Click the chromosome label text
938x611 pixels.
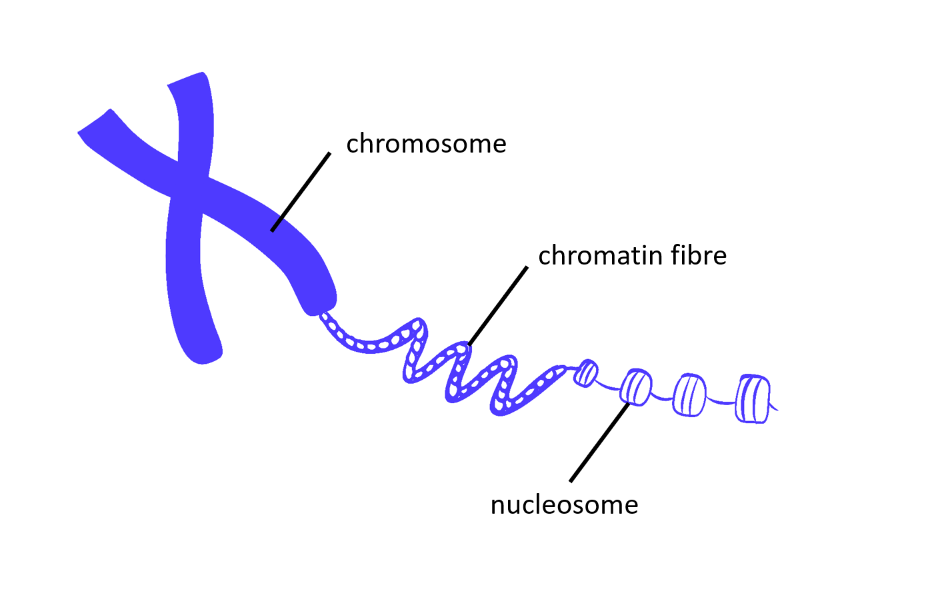(426, 144)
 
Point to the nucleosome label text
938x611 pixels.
(564, 505)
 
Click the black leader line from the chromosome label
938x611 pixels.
(301, 192)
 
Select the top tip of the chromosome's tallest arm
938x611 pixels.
(189, 79)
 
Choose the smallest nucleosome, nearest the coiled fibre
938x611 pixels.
(586, 373)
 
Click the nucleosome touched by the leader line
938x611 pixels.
(636, 387)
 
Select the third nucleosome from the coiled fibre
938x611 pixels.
(689, 396)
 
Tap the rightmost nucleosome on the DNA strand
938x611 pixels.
(753, 398)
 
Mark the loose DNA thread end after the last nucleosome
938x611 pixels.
(775, 408)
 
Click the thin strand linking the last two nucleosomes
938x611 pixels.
(721, 401)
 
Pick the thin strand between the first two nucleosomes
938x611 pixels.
(608, 386)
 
